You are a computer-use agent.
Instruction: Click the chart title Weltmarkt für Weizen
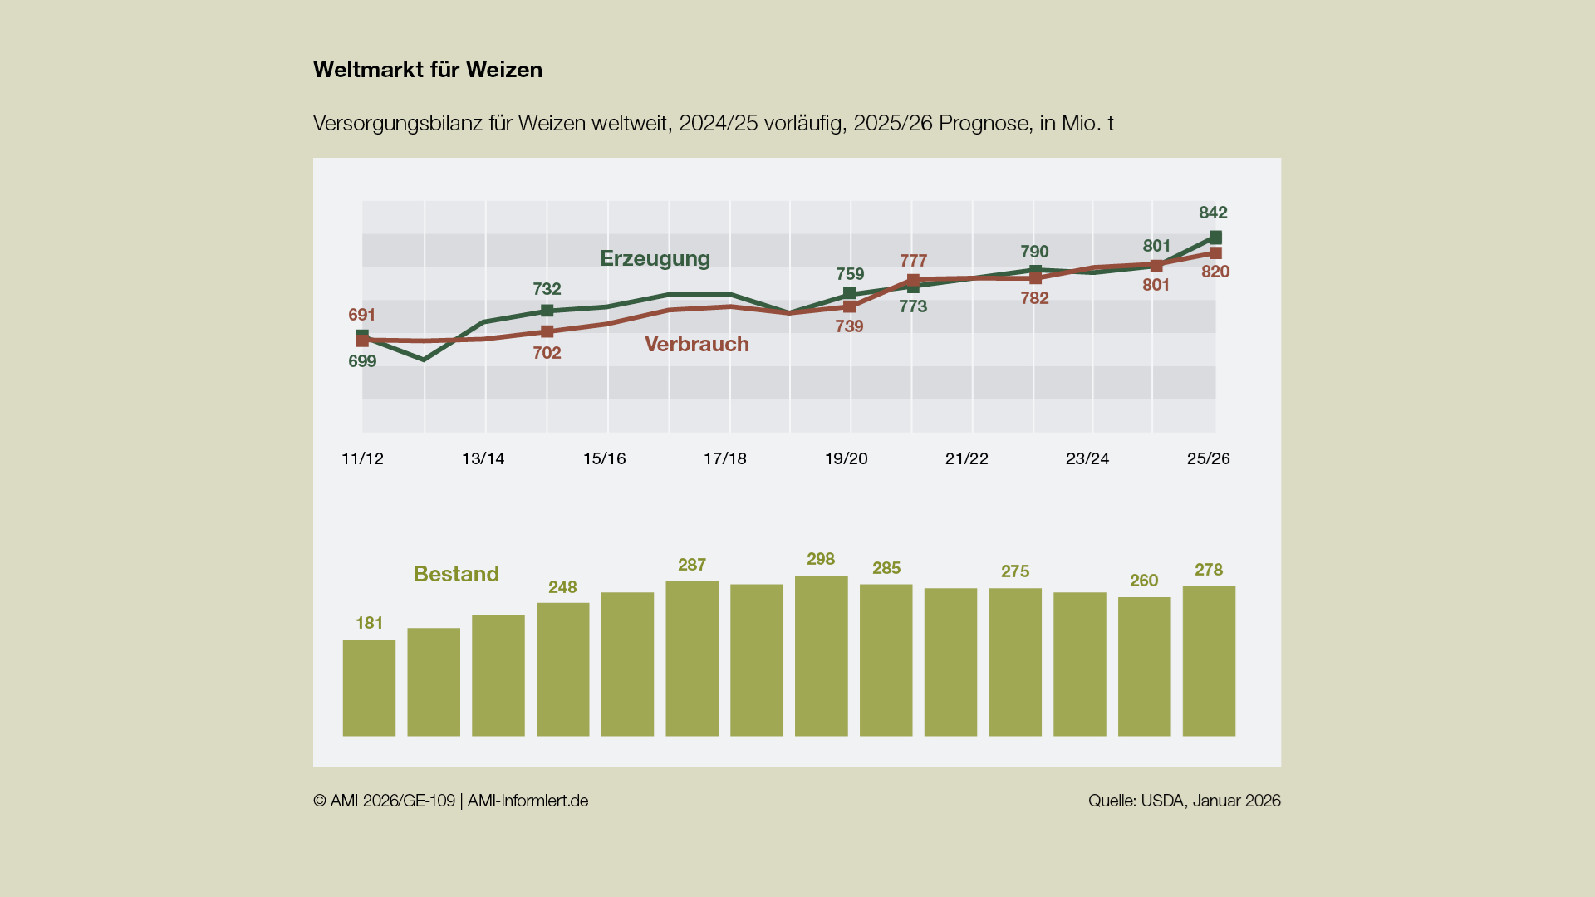coord(427,70)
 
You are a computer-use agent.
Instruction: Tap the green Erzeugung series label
coord(655,258)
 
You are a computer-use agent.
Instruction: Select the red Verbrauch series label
coord(696,344)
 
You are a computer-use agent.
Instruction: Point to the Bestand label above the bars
coord(456,574)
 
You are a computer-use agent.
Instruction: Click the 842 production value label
coord(1213,213)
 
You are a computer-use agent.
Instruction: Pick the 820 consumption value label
coord(1215,272)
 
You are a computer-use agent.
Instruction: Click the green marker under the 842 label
coord(1215,238)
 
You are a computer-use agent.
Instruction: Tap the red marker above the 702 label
coord(547,331)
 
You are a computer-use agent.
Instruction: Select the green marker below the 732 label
coord(547,311)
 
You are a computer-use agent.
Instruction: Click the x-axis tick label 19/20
coord(846,458)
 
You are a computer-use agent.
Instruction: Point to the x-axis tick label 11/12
coord(362,458)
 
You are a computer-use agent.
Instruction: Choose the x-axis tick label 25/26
coord(1208,458)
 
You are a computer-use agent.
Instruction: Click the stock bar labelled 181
coord(369,688)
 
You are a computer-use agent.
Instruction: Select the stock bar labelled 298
coord(821,656)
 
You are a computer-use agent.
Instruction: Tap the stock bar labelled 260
coord(1144,666)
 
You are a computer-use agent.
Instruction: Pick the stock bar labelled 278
coord(1209,661)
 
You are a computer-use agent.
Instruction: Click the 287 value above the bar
coord(692,565)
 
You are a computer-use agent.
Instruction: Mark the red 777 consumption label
coord(913,261)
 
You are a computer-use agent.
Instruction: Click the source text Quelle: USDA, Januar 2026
coord(1184,801)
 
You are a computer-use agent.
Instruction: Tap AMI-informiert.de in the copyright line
coord(528,801)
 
